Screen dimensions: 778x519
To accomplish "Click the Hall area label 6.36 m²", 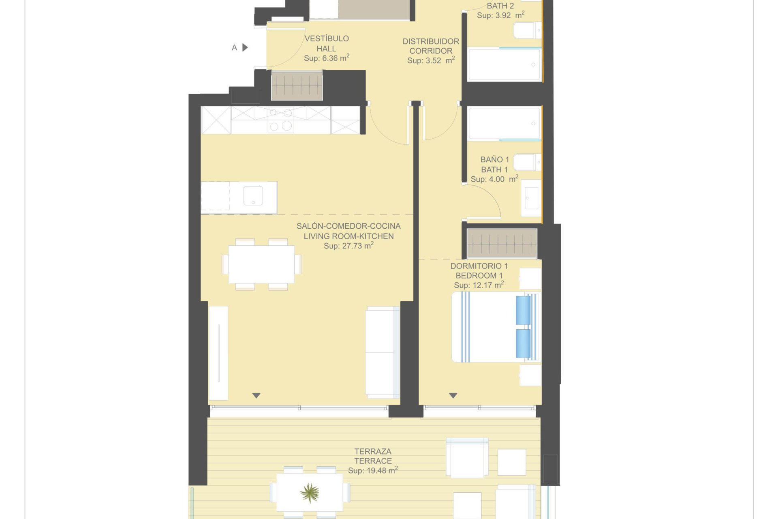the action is tap(327, 58).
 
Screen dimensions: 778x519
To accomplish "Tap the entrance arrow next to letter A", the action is tap(245, 47).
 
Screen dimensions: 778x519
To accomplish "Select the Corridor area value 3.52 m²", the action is tap(431, 60).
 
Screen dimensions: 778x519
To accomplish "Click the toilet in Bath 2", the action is tap(527, 30).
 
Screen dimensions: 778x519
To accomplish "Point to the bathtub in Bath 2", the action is tap(504, 64).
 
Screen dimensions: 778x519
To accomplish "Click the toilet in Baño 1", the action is tap(527, 162).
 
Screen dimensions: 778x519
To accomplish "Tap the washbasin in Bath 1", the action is tap(531, 198).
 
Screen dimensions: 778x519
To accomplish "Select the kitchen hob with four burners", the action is tap(281, 120).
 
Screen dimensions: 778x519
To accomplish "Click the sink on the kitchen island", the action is tap(253, 196).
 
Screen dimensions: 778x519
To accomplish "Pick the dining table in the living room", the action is tap(262, 264).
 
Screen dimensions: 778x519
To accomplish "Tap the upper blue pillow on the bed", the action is tap(523, 310).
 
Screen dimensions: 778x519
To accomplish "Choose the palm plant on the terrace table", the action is tap(310, 493).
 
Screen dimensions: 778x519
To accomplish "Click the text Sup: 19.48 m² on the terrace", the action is tap(373, 470).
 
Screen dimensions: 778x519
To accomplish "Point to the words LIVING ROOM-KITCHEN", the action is tap(348, 236).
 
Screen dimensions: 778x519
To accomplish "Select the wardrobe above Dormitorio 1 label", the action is tap(502, 243).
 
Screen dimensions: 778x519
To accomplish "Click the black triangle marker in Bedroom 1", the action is tap(453, 395).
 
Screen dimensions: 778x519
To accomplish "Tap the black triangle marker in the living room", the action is tap(256, 395).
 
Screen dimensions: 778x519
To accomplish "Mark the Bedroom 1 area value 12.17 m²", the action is tap(479, 285).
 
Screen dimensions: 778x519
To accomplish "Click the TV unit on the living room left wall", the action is tap(218, 353).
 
